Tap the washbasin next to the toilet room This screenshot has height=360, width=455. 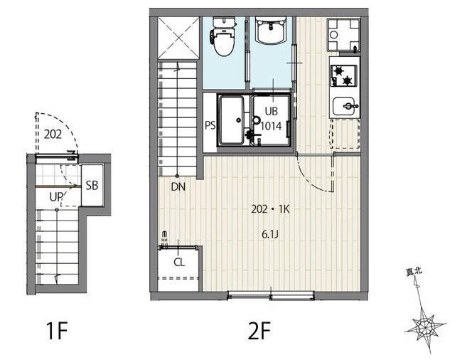coord(271,31)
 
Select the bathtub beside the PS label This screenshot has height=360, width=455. coord(231,120)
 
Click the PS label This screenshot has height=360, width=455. coord(210,125)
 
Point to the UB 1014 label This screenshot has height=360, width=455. coord(272,118)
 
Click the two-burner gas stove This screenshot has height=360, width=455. coord(343,76)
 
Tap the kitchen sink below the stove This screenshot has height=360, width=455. coord(345,106)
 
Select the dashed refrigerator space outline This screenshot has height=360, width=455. coord(345,134)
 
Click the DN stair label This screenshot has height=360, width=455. coord(178,187)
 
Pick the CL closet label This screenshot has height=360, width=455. coord(179,263)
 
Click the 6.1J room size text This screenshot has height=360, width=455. coord(270,235)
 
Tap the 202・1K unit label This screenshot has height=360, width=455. coord(270,209)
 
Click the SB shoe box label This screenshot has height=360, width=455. coord(92,186)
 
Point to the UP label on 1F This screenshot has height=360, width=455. coord(56,197)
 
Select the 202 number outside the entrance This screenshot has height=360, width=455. coord(53,134)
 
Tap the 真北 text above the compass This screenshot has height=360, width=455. coord(414,272)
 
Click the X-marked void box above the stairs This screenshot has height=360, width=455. coord(178,38)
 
